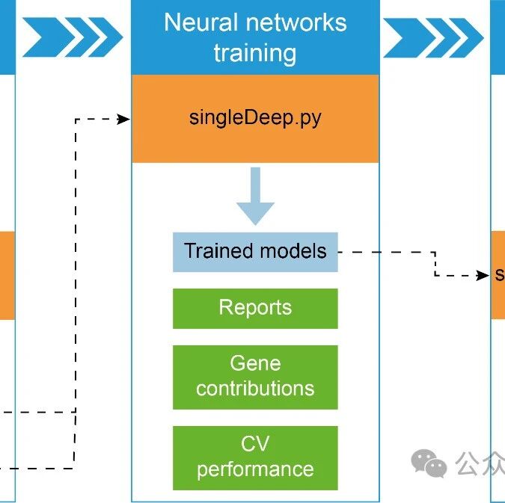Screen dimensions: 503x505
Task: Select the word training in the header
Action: click(x=254, y=53)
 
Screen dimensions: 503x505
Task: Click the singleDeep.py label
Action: click(x=255, y=118)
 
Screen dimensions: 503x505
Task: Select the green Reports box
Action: click(x=255, y=308)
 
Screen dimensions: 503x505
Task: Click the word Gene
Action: click(x=255, y=364)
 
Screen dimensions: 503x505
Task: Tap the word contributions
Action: click(x=255, y=389)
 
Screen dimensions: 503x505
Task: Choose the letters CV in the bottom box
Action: click(x=255, y=445)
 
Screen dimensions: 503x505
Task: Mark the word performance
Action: click(x=255, y=469)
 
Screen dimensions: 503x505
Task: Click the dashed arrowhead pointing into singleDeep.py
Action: click(x=124, y=119)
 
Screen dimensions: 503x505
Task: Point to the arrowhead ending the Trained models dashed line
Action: click(x=483, y=276)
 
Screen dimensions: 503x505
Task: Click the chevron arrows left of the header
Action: click(x=73, y=37)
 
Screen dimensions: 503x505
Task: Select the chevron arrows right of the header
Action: click(x=433, y=37)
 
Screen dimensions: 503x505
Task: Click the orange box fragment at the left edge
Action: click(x=7, y=275)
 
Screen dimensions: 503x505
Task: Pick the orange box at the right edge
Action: click(x=498, y=275)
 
